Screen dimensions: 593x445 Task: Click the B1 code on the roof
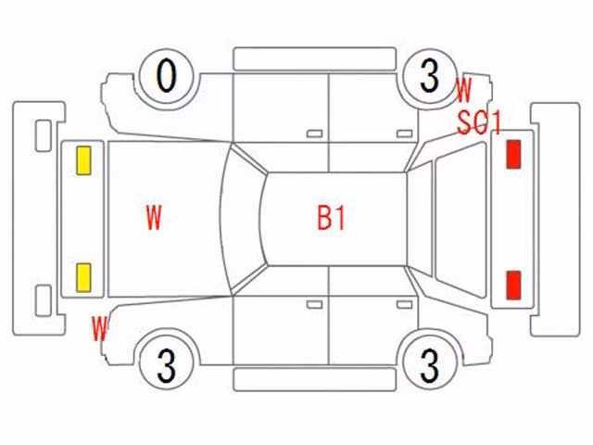331,219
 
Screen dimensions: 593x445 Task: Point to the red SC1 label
479,123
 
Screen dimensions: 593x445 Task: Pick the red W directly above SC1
463,90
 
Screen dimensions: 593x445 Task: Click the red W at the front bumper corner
100,328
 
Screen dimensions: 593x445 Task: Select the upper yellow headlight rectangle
83,160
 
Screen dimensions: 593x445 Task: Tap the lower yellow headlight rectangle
83,278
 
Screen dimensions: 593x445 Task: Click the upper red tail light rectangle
513,154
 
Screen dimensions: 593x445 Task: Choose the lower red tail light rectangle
513,286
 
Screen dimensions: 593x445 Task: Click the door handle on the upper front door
314,133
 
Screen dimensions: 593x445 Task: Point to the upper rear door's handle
404,133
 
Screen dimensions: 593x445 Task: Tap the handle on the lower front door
314,305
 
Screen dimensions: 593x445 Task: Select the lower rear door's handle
404,305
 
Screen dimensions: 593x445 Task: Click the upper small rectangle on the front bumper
44,136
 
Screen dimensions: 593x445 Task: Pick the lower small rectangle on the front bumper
44,300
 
